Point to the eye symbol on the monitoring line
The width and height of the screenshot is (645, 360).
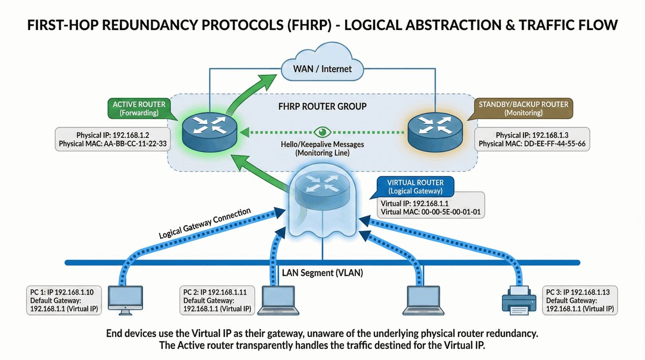[x=322, y=131]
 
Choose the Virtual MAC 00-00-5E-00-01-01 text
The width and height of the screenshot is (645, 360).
[x=430, y=212]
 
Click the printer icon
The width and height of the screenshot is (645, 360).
[x=518, y=299]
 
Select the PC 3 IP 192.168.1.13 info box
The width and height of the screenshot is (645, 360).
[x=580, y=300]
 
